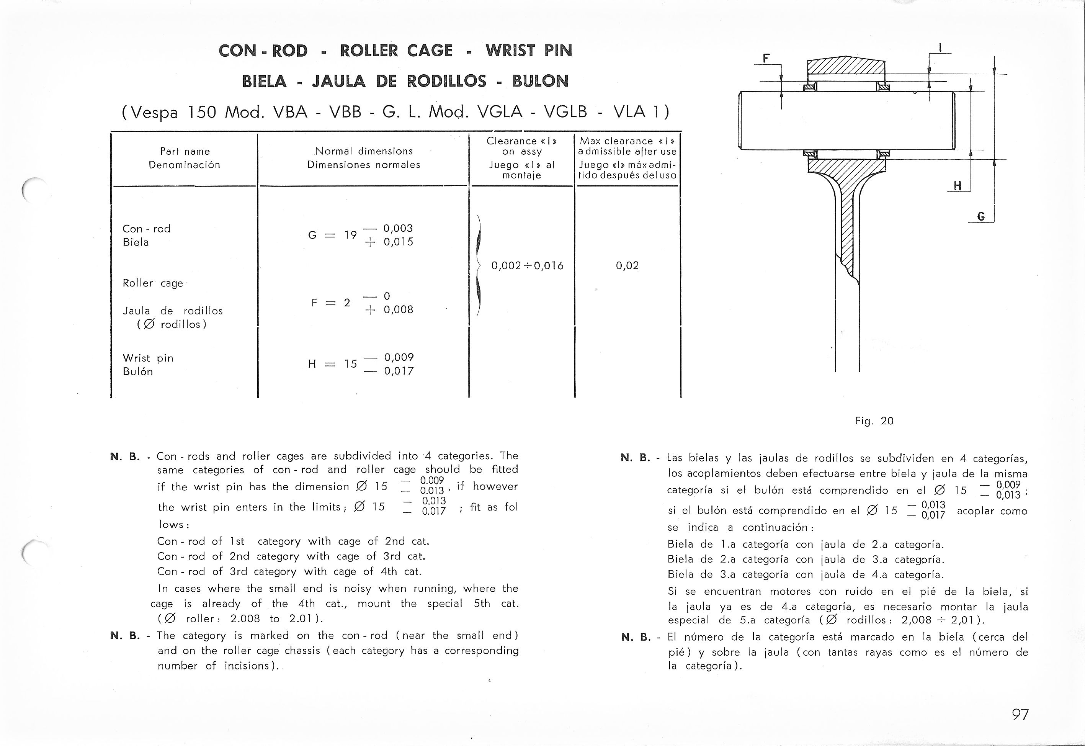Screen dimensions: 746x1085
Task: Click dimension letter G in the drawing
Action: click(x=981, y=216)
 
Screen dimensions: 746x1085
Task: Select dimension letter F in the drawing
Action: click(x=766, y=59)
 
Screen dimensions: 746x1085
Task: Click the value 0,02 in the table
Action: click(x=627, y=266)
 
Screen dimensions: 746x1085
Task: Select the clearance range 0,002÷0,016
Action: click(x=527, y=266)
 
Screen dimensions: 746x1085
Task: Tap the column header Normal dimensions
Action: click(x=364, y=151)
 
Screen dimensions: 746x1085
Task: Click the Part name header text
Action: click(x=185, y=151)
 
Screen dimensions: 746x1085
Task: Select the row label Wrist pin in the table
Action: click(x=148, y=358)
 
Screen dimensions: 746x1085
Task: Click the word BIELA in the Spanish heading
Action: click(x=264, y=81)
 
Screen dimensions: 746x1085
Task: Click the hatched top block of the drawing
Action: click(x=846, y=66)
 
